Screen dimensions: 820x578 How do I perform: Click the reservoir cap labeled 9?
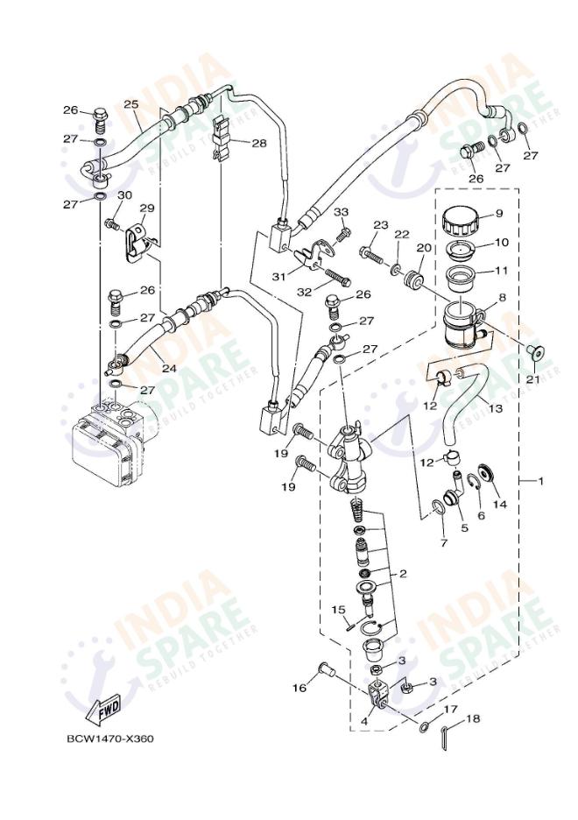[462, 219]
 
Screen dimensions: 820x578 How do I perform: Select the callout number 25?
[131, 104]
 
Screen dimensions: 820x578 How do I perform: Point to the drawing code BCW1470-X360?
[110, 739]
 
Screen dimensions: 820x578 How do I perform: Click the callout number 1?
[540, 481]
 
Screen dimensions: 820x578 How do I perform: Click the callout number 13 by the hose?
[496, 409]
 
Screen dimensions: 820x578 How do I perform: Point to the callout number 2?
[402, 575]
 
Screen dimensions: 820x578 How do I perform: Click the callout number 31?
[278, 276]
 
